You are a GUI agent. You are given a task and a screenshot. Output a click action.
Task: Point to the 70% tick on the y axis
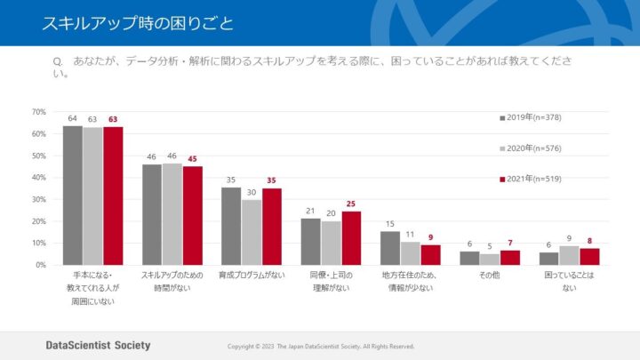point(38,112)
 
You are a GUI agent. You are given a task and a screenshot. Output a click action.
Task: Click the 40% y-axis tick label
point(38,178)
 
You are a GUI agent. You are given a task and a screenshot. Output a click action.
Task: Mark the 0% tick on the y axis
point(40,265)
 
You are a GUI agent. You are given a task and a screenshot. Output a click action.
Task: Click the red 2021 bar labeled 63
point(113,196)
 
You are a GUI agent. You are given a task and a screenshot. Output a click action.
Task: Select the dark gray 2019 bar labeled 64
point(72,195)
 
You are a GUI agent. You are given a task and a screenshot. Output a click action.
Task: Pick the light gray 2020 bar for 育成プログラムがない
point(252,232)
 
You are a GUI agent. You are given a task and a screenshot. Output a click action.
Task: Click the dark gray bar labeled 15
point(390,248)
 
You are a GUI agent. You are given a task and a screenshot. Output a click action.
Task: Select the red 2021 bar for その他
point(510,257)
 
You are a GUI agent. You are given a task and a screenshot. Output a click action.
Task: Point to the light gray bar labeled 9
point(569,255)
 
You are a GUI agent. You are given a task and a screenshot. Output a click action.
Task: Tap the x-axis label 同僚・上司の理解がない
point(331,282)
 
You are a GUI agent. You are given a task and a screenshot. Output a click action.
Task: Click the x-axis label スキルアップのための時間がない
point(172,282)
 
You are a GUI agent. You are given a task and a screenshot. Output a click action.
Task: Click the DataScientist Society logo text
point(99,345)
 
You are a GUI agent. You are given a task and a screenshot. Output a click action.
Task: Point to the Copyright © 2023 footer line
point(321,346)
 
